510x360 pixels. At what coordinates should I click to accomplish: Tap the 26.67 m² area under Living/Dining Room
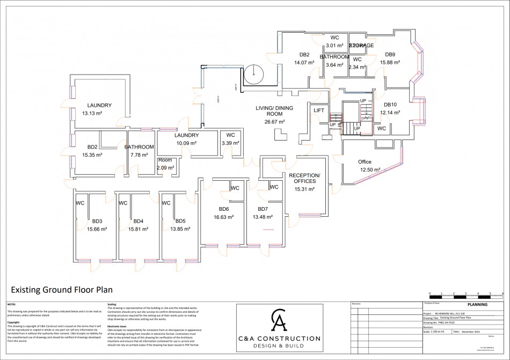click(x=274, y=122)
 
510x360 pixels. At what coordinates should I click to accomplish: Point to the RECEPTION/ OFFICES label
click(x=304, y=179)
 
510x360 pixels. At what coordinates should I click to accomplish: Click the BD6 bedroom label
click(x=224, y=209)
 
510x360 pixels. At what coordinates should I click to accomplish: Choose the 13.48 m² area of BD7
click(x=263, y=217)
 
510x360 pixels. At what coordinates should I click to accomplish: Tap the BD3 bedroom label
click(x=97, y=221)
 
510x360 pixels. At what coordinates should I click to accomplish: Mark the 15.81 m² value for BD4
click(x=138, y=229)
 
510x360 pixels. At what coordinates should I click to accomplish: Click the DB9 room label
click(x=390, y=54)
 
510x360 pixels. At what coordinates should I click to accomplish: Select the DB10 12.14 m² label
click(x=390, y=109)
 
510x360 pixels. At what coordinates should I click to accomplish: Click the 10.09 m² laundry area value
click(x=186, y=143)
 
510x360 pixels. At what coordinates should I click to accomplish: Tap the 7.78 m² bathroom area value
click(x=140, y=155)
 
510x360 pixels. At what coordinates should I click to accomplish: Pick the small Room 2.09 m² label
click(x=165, y=164)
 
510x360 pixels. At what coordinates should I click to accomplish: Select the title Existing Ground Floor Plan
click(x=62, y=290)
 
